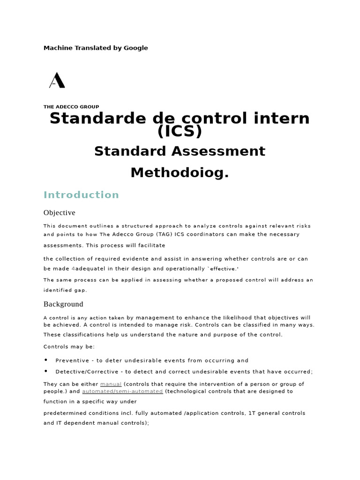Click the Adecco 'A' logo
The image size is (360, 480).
pyautogui.click(x=57, y=80)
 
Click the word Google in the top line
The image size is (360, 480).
pyautogui.click(x=136, y=48)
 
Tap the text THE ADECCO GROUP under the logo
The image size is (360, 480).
pyautogui.click(x=71, y=107)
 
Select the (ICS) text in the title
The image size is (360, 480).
pyautogui.click(x=180, y=132)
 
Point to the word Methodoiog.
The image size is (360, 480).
pyautogui.click(x=180, y=172)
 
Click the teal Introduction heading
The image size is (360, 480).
pyautogui.click(x=81, y=195)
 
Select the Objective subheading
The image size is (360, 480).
pyautogui.click(x=59, y=213)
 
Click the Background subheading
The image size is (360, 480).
pyautogui.click(x=63, y=304)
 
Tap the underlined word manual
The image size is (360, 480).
pyautogui.click(x=111, y=384)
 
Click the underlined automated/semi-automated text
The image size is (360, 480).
pyautogui.click(x=122, y=391)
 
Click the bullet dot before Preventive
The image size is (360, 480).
pyautogui.click(x=46, y=360)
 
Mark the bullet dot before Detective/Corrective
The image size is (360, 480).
pyautogui.click(x=46, y=371)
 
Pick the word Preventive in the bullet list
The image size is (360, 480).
pyautogui.click(x=71, y=360)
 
